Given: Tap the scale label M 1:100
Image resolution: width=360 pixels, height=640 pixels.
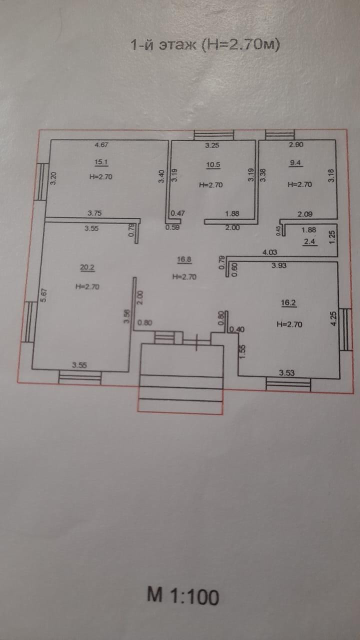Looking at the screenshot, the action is pyautogui.click(x=183, y=596).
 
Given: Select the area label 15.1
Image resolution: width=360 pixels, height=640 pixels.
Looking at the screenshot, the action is pyautogui.click(x=102, y=162).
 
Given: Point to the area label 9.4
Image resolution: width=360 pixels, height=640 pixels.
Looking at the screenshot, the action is pyautogui.click(x=296, y=162).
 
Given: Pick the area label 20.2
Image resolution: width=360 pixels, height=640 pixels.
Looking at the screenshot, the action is pyautogui.click(x=87, y=267).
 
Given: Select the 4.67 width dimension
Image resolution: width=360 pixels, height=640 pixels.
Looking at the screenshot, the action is pyautogui.click(x=102, y=145).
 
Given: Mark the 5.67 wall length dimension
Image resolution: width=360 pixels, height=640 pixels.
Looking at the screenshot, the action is pyautogui.click(x=43, y=295).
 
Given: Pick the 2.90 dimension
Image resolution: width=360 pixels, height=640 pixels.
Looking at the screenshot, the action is pyautogui.click(x=296, y=145).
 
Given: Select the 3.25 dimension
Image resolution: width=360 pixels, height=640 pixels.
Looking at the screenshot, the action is pyautogui.click(x=213, y=146).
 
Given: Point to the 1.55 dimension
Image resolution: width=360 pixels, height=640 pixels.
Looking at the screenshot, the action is pyautogui.click(x=242, y=350).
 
